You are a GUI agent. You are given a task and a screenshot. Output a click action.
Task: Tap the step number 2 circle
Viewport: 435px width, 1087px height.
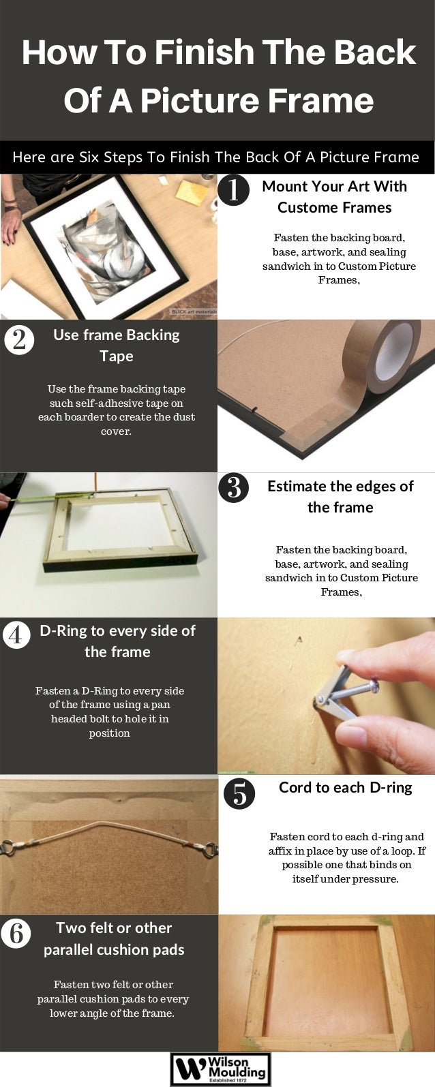(19, 339)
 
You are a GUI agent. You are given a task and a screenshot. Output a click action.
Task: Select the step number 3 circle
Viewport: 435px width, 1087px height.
(233, 488)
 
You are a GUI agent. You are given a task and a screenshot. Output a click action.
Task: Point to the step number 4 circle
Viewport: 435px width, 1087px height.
(16, 634)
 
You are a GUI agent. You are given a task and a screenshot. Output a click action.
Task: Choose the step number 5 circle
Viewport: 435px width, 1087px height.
(239, 794)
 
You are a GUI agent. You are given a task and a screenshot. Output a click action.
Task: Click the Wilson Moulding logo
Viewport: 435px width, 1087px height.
(220, 1069)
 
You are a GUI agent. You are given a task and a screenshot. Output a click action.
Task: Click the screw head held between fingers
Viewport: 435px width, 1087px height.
(374, 686)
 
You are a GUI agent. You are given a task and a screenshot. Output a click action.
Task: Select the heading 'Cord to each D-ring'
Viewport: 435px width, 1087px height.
(345, 788)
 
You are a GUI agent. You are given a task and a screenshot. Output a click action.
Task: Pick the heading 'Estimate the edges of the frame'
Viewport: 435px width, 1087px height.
(340, 497)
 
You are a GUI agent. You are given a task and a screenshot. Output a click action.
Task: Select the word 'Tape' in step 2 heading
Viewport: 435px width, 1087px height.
(117, 356)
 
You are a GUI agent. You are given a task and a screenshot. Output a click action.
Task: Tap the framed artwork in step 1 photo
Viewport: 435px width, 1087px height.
(106, 246)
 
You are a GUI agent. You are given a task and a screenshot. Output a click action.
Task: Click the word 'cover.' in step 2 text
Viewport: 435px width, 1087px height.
(116, 431)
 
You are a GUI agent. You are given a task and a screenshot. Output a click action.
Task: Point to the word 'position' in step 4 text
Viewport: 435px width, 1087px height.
(109, 733)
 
